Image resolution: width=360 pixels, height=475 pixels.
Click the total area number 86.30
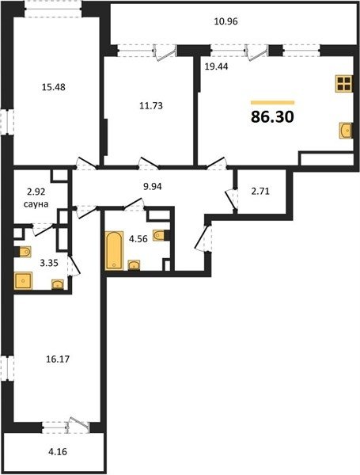[x=272, y=117]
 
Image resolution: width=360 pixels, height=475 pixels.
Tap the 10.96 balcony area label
[x=225, y=22]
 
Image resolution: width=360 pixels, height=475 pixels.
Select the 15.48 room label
[x=54, y=87]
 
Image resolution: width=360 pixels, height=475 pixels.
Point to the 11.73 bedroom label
[x=151, y=106]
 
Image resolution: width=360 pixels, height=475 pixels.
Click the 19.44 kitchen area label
[x=216, y=66]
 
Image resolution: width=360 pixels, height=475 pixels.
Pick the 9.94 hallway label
[x=152, y=186]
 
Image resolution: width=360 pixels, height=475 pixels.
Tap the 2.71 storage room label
[x=260, y=192]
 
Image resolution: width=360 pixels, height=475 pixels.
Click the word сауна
[x=36, y=204]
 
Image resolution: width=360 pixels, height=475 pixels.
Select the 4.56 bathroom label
[x=138, y=239]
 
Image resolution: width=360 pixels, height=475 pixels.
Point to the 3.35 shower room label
[x=49, y=263]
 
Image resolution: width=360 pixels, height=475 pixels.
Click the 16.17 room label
[x=58, y=359]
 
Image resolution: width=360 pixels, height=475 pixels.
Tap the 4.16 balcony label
[x=58, y=452]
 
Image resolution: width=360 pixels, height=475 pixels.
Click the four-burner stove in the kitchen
[x=344, y=84]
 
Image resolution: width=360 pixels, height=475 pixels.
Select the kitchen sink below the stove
[x=346, y=131]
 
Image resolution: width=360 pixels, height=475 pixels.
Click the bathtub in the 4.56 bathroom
[x=114, y=250]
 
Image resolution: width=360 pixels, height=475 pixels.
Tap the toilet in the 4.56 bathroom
[x=161, y=235]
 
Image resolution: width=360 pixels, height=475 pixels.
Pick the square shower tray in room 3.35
[x=23, y=281]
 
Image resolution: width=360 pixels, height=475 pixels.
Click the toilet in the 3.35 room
[x=25, y=252]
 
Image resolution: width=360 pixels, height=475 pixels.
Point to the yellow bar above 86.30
[x=272, y=103]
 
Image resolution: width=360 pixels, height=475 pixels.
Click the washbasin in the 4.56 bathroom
[x=134, y=265]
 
